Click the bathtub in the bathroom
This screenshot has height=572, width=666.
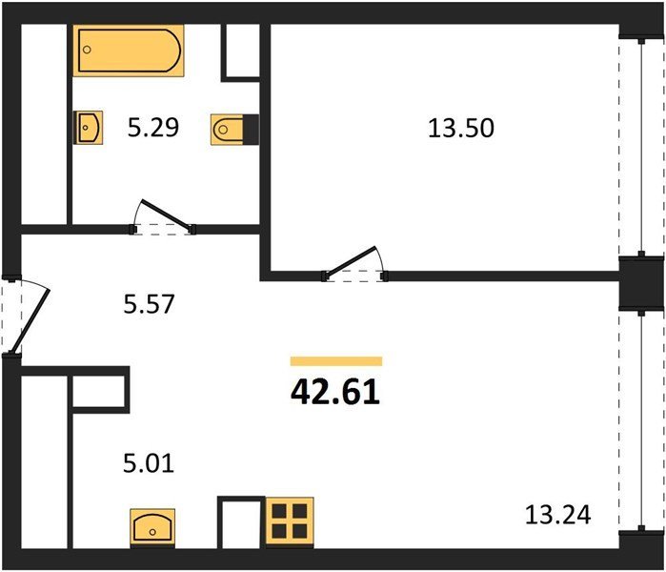[x=129, y=51]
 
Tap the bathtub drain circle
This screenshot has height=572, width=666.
[x=87, y=50]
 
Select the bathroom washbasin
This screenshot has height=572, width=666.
[x=88, y=128]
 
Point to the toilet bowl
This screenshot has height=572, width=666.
[x=227, y=130]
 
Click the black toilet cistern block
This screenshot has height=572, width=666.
[x=251, y=130]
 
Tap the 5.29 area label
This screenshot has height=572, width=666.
[x=153, y=127]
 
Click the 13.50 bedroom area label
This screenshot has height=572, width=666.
[x=461, y=128]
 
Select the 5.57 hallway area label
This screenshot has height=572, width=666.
[x=149, y=304]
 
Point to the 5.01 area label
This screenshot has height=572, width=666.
[x=149, y=462]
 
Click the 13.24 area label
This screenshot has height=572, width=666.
[x=557, y=514]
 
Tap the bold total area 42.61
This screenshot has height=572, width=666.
[x=335, y=392]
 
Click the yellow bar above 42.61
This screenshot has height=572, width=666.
[x=336, y=361]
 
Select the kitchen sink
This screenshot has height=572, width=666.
[x=152, y=528]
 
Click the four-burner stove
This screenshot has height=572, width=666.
[x=290, y=522]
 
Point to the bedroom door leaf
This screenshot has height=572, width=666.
[x=351, y=262]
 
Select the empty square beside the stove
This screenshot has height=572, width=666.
[x=241, y=522]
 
